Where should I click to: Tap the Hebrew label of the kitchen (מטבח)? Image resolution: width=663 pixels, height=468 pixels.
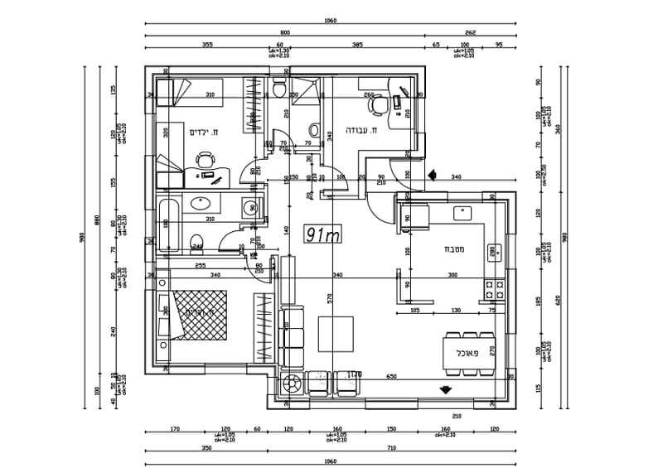452,248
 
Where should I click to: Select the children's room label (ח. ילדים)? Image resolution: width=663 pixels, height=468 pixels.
203,132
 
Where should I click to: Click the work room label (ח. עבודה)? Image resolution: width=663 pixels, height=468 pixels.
362,130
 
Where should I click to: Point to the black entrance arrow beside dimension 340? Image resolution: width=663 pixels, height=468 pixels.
432,175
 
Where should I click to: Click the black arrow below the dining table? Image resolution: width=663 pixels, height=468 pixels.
447,388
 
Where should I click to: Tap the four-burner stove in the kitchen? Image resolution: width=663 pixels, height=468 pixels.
495,289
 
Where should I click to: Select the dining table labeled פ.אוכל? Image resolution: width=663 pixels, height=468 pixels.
468,352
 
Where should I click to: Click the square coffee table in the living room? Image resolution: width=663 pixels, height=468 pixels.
336,340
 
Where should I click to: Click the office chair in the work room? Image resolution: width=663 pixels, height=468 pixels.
378,105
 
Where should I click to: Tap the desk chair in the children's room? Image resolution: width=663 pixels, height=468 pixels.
204,158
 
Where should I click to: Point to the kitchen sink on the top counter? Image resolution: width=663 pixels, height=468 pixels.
462,212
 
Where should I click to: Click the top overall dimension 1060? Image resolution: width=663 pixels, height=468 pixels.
331,20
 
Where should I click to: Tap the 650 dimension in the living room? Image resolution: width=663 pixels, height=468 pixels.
391,376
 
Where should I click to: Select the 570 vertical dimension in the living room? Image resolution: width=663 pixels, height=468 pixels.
329,299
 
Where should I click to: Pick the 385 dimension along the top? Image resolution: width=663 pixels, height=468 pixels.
357,44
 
